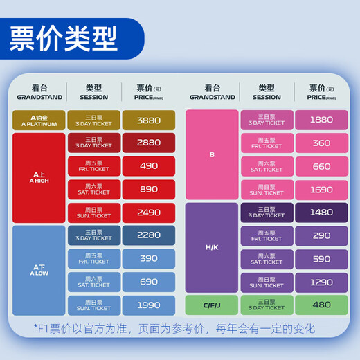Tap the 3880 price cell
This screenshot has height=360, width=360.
point(149,120)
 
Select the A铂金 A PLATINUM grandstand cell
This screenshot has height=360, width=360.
point(39,120)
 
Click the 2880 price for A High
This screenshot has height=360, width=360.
point(149,143)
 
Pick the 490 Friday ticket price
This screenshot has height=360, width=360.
point(149,166)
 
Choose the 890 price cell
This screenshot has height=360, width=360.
point(149,189)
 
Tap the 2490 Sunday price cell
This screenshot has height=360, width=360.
point(149,212)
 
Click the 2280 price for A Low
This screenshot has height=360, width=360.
point(149,235)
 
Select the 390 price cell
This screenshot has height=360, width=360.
point(149,258)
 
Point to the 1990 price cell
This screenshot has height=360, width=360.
point(149,305)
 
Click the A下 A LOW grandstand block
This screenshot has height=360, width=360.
point(39,270)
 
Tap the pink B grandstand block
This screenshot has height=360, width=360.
point(212,154)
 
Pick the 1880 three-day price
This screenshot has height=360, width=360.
point(321,120)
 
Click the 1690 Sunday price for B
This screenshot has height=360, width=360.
point(321,189)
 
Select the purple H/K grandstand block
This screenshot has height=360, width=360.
point(212,247)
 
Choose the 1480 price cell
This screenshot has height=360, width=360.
point(321,213)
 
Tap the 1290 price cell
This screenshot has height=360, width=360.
point(321,282)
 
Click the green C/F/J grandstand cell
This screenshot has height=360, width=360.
point(212,305)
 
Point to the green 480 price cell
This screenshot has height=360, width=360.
point(321,305)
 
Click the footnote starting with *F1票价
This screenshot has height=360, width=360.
point(174,328)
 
